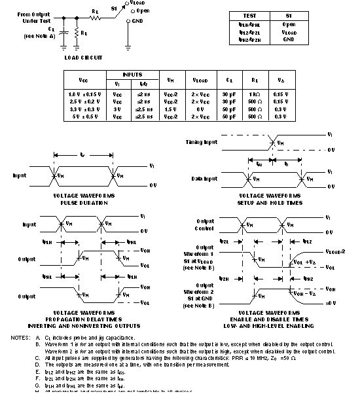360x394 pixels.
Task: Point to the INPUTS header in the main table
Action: pos(132,75)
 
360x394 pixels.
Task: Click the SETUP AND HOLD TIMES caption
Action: pos(270,203)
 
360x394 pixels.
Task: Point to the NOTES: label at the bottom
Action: pos(20,338)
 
